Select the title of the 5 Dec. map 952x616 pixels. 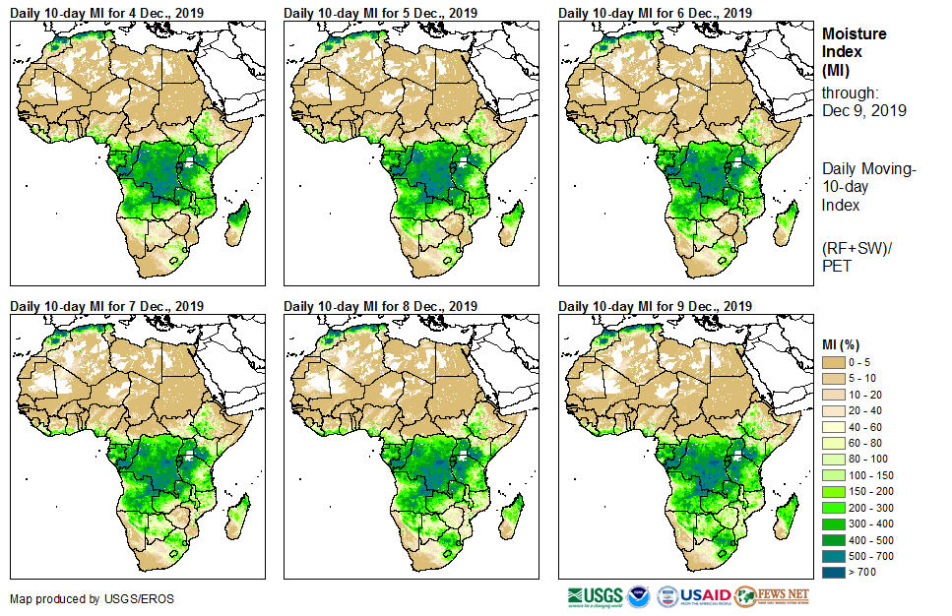(380, 12)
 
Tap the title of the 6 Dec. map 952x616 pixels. (655, 12)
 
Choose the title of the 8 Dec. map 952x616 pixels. (380, 306)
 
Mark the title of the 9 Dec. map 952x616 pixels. (655, 306)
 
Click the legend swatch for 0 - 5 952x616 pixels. (835, 363)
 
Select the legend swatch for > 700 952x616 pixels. (835, 571)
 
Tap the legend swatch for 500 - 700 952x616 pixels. (835, 555)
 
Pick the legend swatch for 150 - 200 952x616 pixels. (835, 491)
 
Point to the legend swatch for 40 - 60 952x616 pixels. (835, 427)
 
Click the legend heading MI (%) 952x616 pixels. (843, 343)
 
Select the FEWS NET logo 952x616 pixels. (772, 595)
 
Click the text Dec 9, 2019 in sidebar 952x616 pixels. (864, 110)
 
